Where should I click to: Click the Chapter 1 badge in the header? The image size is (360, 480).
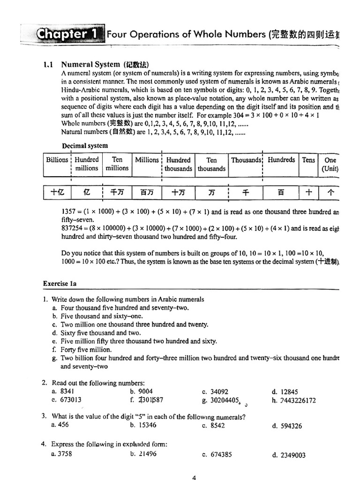69,34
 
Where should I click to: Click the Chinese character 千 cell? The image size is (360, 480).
246,192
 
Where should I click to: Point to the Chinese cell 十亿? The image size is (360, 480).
57,192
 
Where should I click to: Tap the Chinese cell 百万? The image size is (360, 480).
147,192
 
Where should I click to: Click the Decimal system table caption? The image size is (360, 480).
84,145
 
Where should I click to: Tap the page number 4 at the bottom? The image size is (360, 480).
194,478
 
